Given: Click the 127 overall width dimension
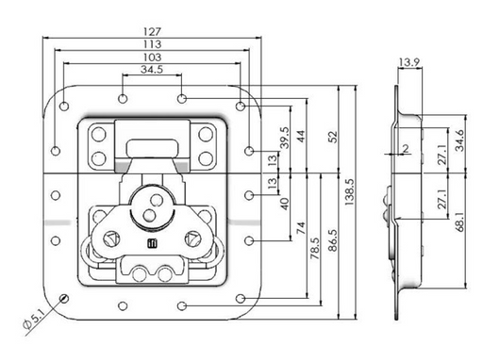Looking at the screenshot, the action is point(152,32).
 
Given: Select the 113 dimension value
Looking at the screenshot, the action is point(152,44).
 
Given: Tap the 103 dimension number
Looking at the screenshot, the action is point(152,58).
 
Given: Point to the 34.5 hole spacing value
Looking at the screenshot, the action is point(152,69).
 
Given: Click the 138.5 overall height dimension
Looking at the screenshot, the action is point(349,192).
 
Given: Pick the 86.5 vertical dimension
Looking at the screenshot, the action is point(332,240).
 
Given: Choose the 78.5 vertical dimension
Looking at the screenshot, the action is point(315,248).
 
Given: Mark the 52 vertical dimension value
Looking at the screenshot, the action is point(332,137).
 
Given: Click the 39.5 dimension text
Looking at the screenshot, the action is point(284,138).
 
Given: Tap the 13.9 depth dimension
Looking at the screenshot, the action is point(409,62).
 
